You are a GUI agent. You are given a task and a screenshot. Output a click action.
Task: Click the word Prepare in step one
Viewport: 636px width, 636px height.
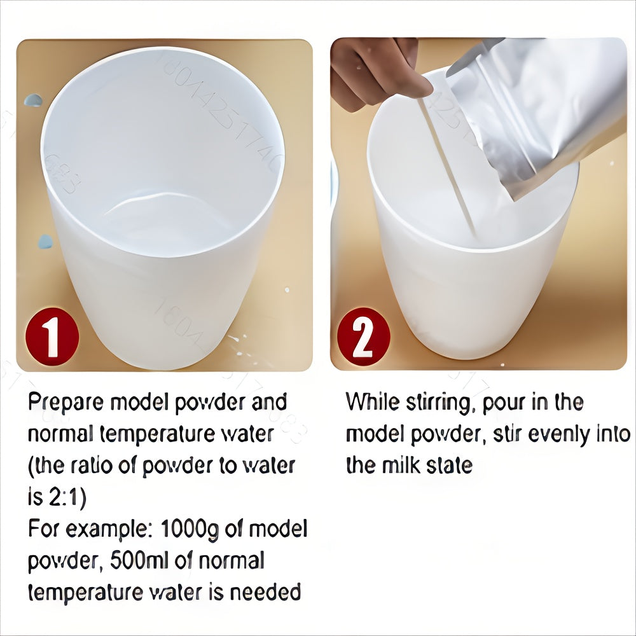[x=66, y=403]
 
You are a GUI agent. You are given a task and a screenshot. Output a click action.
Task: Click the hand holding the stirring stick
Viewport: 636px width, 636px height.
[x=375, y=70]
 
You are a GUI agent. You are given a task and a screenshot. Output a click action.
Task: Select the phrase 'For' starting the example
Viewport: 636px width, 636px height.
[x=43, y=529]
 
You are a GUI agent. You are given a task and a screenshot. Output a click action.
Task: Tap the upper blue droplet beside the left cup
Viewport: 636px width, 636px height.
[x=32, y=100]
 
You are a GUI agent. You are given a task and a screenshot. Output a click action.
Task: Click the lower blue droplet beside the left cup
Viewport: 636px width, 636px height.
[x=45, y=242]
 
